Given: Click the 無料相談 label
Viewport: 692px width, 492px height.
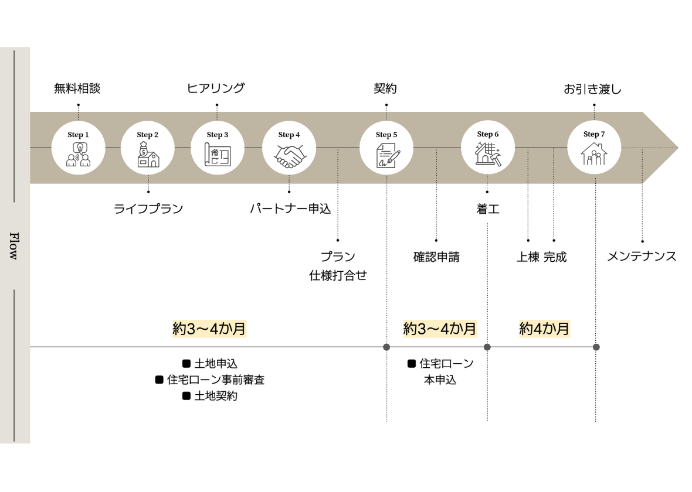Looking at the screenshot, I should coord(77,88).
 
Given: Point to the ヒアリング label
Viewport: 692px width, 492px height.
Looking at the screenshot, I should coord(216,88).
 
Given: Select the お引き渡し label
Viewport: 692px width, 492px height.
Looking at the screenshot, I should coord(592,90).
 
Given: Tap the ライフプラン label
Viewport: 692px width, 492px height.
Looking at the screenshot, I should coord(148,209).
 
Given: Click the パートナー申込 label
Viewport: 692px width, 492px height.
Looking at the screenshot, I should coord(290,209).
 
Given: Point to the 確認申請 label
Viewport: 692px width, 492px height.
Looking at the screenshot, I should coord(436,257).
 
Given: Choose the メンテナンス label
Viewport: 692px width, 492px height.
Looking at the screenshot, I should coord(642,257).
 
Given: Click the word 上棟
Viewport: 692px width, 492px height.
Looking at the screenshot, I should coord(527,257).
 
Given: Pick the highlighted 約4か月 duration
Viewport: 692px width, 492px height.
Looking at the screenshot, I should coord(544,329).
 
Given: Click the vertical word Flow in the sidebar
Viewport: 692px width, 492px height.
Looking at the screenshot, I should coord(14,245).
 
